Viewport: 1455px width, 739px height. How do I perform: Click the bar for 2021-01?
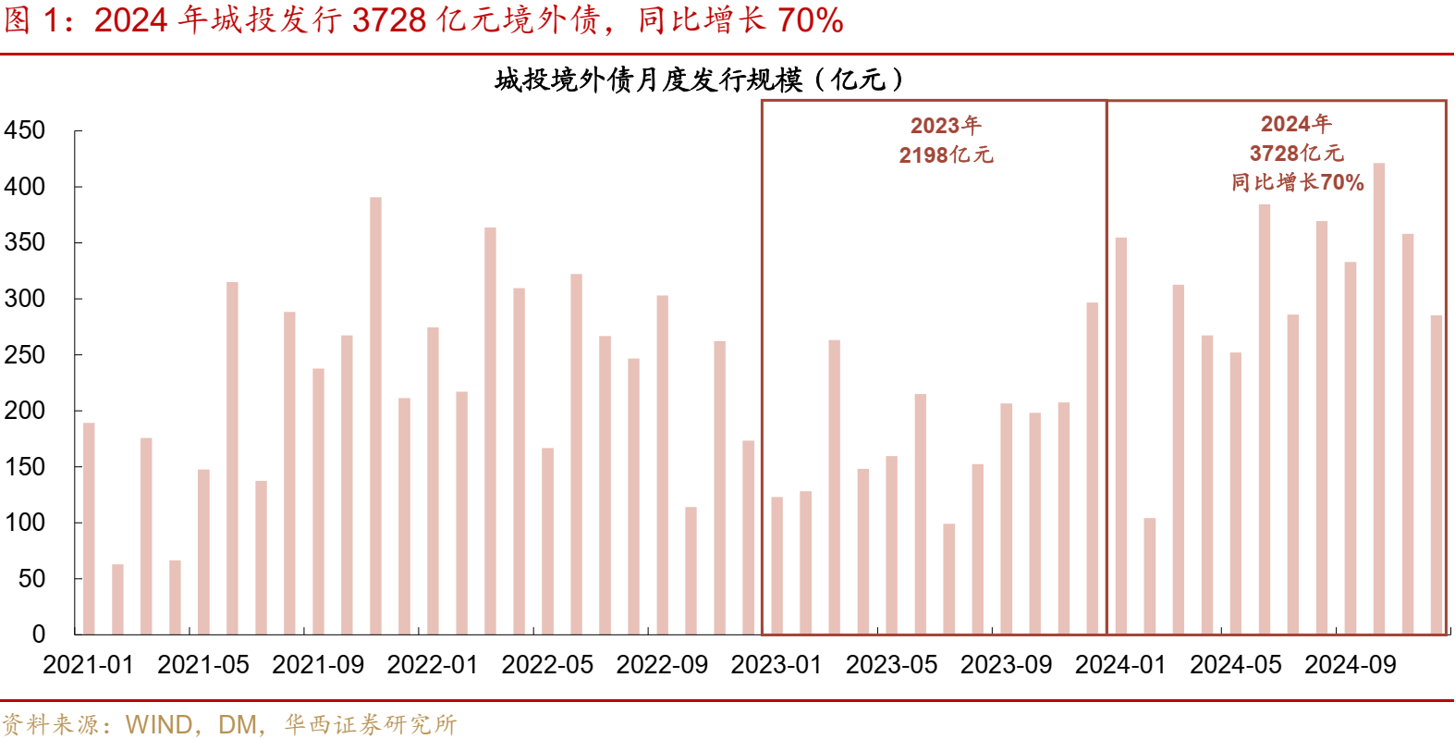pyautogui.click(x=89, y=528)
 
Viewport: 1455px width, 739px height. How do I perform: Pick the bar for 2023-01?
pyautogui.click(x=776, y=565)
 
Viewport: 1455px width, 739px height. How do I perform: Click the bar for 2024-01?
pyautogui.click(x=1120, y=436)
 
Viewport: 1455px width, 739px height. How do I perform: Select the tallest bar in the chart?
pyautogui.click(x=1379, y=399)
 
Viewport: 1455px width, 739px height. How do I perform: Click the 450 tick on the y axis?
pyautogui.click(x=25, y=130)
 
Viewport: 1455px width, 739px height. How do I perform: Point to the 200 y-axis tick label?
pyautogui.click(x=25, y=411)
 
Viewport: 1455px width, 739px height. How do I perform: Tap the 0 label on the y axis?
pyautogui.click(x=38, y=634)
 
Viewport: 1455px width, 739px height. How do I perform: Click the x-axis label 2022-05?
pyautogui.click(x=547, y=665)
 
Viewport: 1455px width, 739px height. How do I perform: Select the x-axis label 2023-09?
pyautogui.click(x=1006, y=665)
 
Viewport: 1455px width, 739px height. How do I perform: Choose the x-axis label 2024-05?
pyautogui.click(x=1235, y=665)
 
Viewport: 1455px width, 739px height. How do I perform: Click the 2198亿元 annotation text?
pyautogui.click(x=946, y=155)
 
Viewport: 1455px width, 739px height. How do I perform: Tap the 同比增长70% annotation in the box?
pyautogui.click(x=1297, y=182)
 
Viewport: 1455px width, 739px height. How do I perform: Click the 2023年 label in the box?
pyautogui.click(x=946, y=126)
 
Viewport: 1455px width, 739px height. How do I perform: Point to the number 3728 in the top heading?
pyautogui.click(x=389, y=20)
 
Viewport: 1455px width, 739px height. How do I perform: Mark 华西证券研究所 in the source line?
pyautogui.click(x=371, y=724)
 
